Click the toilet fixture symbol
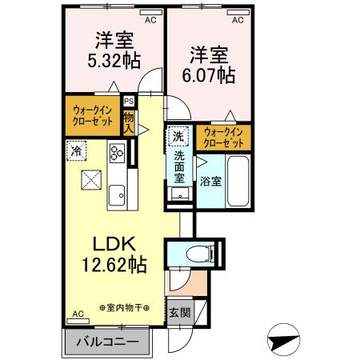(x=195, y=254)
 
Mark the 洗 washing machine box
(x=180, y=135)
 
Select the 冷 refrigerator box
(x=77, y=150)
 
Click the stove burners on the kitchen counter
(x=117, y=153)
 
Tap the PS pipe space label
(x=128, y=102)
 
